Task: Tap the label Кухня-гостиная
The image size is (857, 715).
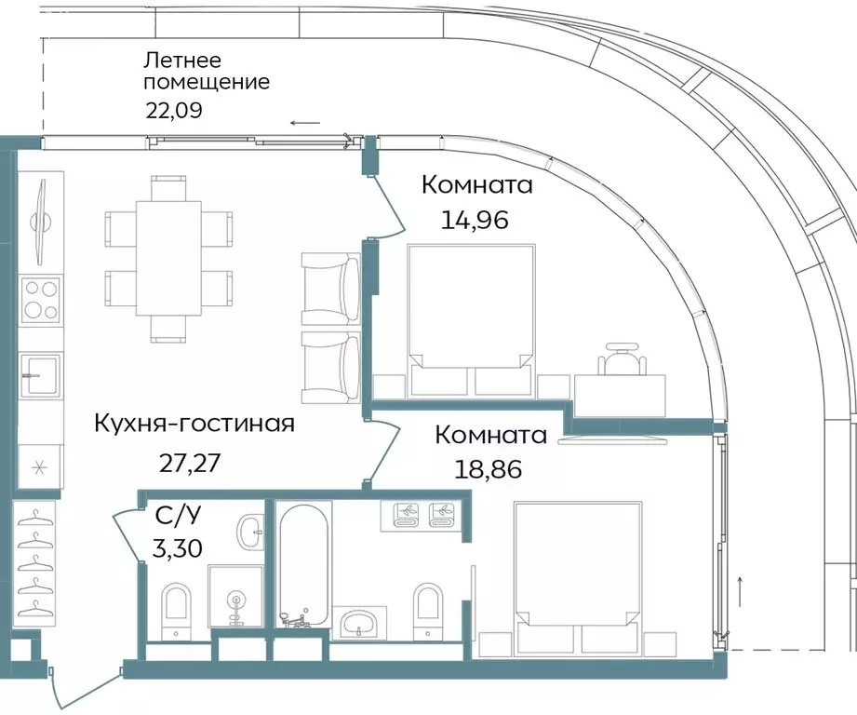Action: [x=194, y=425]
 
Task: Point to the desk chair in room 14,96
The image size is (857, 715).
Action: [x=621, y=357]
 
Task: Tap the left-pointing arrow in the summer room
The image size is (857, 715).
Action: [x=304, y=123]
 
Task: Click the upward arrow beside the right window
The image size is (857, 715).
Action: [x=741, y=588]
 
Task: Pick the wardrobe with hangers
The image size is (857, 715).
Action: [x=34, y=562]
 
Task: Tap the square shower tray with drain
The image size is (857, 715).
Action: [x=235, y=600]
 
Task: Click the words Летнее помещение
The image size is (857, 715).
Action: [x=206, y=72]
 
